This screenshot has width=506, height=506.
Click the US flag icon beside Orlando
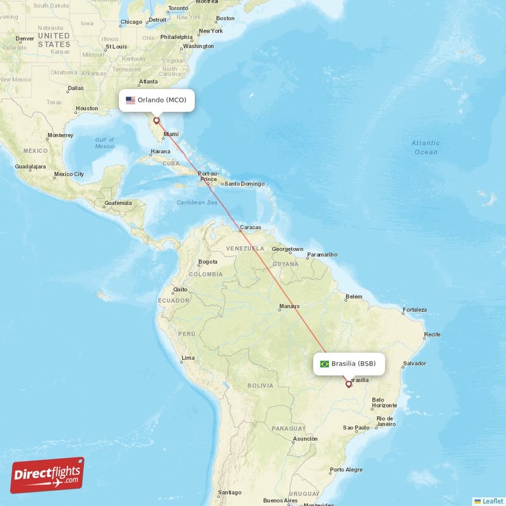[x=130, y=100]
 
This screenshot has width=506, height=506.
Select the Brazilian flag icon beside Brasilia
[x=324, y=364]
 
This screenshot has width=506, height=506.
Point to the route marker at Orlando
[x=156, y=120]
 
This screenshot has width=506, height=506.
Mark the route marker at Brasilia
[x=348, y=384]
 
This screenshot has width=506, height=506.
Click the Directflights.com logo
[x=47, y=475]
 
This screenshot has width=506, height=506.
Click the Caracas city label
[x=250, y=227]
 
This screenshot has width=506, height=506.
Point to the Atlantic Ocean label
[x=426, y=147]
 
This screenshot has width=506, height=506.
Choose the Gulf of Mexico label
[x=105, y=143]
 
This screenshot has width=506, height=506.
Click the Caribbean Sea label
[x=197, y=202]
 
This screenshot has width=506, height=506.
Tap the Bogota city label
[x=207, y=261]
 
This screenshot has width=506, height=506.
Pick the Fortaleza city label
[x=414, y=310]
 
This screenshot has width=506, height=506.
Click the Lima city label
[x=188, y=358]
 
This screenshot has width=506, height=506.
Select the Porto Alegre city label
[x=347, y=469]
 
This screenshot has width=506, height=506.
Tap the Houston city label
[x=87, y=108]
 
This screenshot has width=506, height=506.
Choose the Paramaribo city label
[x=323, y=254]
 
